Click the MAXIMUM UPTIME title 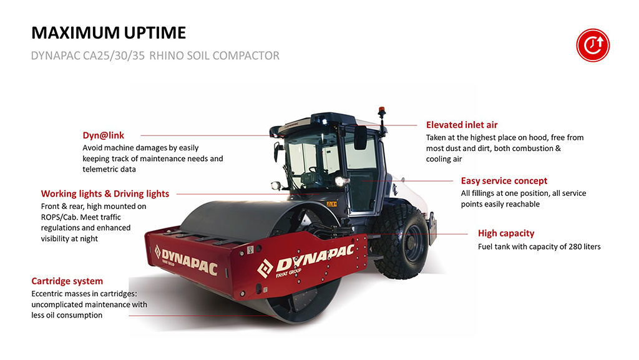point(109,32)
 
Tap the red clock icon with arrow point(593,45)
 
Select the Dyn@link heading point(103,135)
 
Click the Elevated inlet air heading point(462,125)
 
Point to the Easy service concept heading point(504,181)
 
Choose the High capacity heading point(506,233)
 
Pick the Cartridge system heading point(67,281)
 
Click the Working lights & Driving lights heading point(105,194)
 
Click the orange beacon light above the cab point(381,112)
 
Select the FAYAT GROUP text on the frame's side point(288,273)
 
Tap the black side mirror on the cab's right point(360,137)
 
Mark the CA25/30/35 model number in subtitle point(114,56)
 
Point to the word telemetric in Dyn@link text point(99,170)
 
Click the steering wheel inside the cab point(315,170)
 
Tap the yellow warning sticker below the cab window point(332,204)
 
